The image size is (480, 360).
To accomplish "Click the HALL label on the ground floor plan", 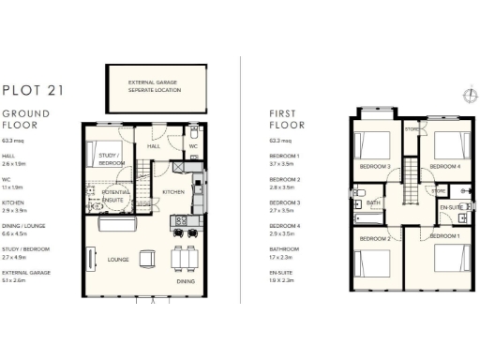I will point(154,146).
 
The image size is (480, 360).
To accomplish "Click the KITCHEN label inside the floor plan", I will point(173,192).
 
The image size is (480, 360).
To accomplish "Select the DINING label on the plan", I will point(187,280).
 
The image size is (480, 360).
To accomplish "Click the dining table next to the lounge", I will point(186,256).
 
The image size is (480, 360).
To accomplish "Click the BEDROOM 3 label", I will point(375,166).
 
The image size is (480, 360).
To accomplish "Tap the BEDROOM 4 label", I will point(444,166).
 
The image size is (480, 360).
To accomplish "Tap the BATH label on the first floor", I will point(373,202).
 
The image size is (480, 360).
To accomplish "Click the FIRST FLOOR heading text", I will point(281,118).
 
